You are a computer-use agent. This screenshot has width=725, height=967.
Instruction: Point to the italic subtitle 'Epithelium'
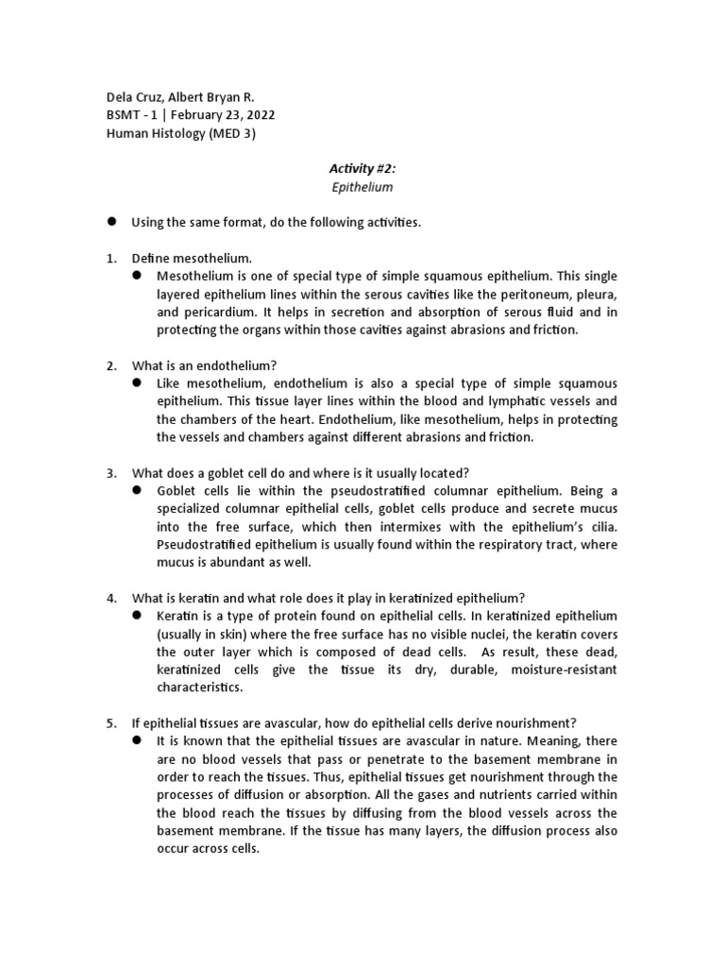coord(362,187)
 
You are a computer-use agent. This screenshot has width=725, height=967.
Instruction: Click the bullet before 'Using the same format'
coord(110,221)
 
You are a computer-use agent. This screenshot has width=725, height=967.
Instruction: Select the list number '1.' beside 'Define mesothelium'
coord(110,257)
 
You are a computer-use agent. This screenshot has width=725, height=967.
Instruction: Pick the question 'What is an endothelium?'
coord(204,365)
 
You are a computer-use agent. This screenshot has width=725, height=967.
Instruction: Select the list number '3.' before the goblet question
coord(110,473)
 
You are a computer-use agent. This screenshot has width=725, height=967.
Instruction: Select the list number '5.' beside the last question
coord(110,723)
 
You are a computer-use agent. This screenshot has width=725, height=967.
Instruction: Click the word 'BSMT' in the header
coord(119,114)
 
